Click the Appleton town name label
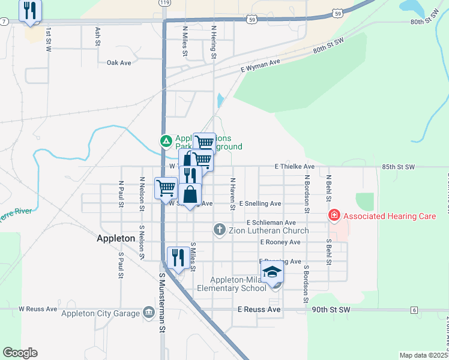pos(116,238)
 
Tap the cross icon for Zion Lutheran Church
pos(220,230)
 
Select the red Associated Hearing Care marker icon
pos(334,214)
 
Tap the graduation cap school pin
pos(273,272)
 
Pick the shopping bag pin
pos(190,195)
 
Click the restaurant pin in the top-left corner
pos(30,10)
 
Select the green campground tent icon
pos(166,141)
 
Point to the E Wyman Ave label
pos(261,66)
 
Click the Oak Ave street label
pos(118,62)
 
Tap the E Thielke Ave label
pos(294,166)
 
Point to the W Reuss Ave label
pos(37,309)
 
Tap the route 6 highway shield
pos(414,310)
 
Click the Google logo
pos(19,353)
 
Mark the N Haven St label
pos(232,193)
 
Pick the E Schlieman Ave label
pos(271,223)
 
